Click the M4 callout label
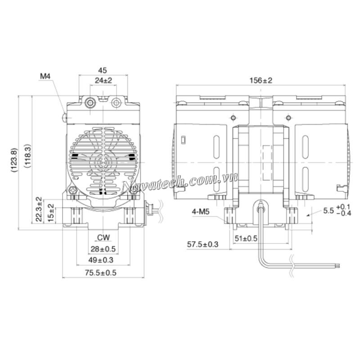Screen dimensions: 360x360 tap(45, 76)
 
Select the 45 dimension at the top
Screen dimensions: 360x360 tap(103, 70)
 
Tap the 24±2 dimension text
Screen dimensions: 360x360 tap(103, 81)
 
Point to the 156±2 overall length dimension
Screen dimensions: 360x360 tap(261, 81)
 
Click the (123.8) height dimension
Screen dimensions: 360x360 tap(14, 160)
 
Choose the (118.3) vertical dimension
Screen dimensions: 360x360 tap(27, 156)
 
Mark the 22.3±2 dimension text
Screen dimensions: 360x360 tap(39, 209)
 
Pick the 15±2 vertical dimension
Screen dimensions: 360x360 tap(51, 213)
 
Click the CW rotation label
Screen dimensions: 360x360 tap(103, 238)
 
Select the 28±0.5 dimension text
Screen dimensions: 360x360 tap(103, 249)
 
